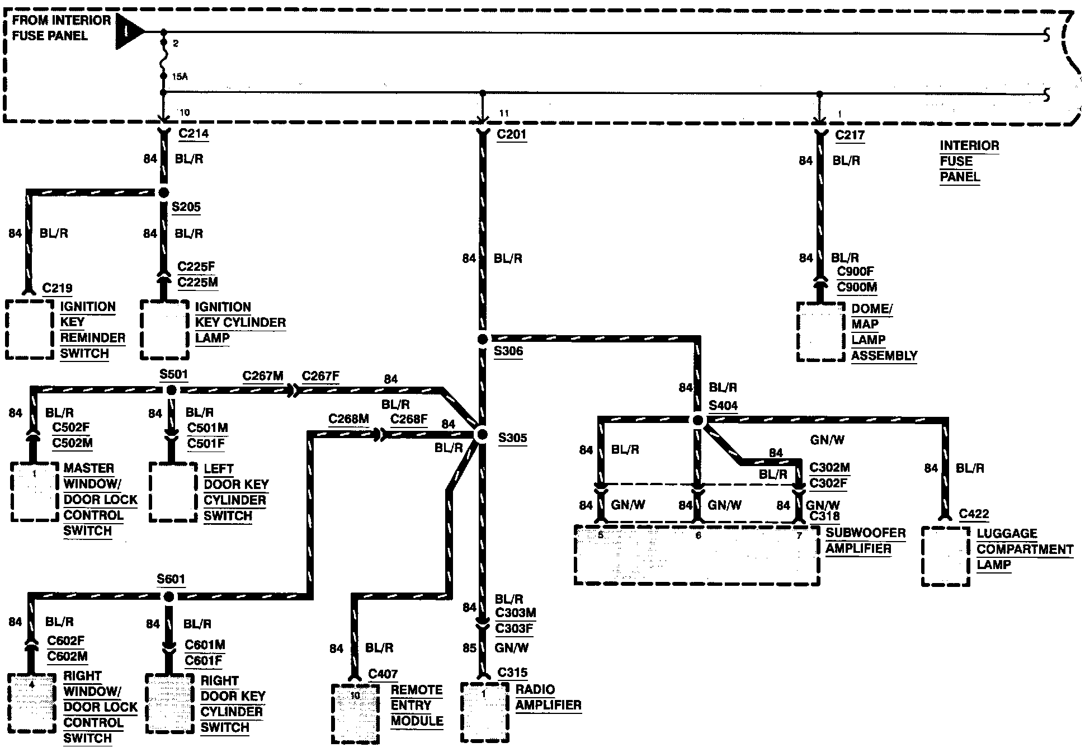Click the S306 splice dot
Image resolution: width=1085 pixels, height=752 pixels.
point(483,339)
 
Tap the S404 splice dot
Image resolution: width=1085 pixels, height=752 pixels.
point(697,420)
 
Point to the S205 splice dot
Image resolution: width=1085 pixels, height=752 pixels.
point(163,193)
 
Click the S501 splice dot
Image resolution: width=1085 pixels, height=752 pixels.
point(172,390)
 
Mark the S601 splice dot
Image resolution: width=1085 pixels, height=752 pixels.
point(168,596)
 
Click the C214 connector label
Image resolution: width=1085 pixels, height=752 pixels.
point(194,133)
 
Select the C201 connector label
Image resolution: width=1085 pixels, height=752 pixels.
point(512,134)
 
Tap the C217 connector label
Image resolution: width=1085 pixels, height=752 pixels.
point(850,135)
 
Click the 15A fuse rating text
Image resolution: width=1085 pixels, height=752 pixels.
point(180,77)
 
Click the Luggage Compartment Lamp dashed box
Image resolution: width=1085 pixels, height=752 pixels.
point(945,556)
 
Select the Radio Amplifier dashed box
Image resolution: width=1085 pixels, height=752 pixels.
point(484,711)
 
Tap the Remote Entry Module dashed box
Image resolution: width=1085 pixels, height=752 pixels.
point(356,714)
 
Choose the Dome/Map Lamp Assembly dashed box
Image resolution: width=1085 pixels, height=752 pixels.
point(820,332)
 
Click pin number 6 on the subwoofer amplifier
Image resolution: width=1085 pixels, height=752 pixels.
point(698,535)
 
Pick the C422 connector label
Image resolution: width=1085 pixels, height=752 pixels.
point(974,514)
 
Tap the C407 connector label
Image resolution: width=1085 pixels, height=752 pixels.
point(383,674)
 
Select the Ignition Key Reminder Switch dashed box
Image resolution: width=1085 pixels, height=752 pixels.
point(29,330)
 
